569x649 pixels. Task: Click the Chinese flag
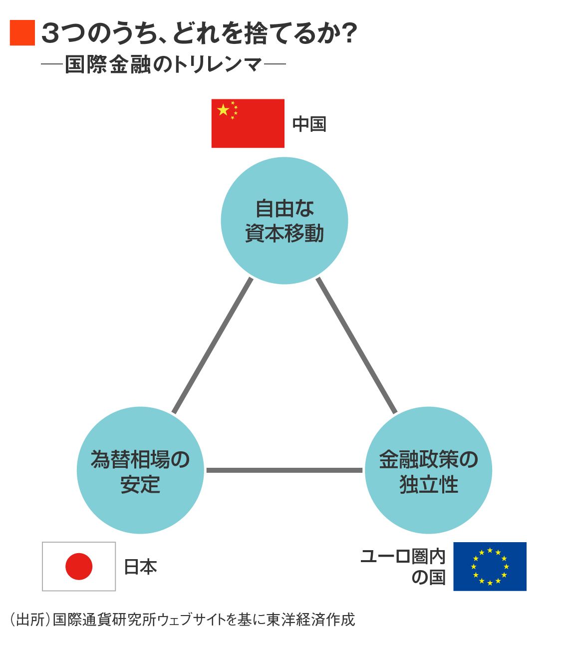(x=248, y=123)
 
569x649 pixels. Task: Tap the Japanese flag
(x=79, y=566)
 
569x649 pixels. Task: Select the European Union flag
(x=490, y=566)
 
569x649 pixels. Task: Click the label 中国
(x=309, y=124)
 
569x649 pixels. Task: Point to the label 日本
(x=140, y=567)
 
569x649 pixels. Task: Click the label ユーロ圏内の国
(x=403, y=566)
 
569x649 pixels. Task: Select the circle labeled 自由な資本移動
(x=284, y=221)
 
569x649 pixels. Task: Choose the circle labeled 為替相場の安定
(x=140, y=470)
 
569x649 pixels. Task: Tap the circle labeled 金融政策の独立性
(x=428, y=470)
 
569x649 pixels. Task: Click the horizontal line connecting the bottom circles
(x=284, y=470)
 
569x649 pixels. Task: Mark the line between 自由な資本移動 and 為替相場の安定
(x=212, y=345)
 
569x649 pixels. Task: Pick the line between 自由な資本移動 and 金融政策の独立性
(x=356, y=345)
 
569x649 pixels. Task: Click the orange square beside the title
(x=22, y=33)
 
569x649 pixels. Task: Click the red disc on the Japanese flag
(x=79, y=566)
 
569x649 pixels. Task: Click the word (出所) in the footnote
(x=30, y=620)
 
